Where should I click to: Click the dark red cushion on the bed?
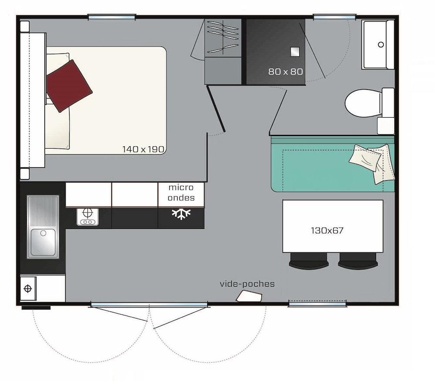69,86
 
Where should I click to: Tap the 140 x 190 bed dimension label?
144,149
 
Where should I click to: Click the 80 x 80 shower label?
285,72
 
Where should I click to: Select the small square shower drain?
295,52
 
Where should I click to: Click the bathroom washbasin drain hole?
381,44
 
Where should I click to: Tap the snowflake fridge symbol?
181,214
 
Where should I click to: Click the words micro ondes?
181,192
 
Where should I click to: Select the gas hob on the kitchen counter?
88,217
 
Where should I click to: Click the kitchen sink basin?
43,242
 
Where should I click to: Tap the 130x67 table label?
327,231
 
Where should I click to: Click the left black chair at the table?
308,261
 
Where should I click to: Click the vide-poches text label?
247,284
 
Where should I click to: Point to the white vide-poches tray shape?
249,296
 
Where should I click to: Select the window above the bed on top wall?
112,17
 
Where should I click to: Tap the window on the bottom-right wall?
318,304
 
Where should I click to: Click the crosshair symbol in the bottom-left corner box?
28,288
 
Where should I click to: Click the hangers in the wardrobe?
223,37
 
